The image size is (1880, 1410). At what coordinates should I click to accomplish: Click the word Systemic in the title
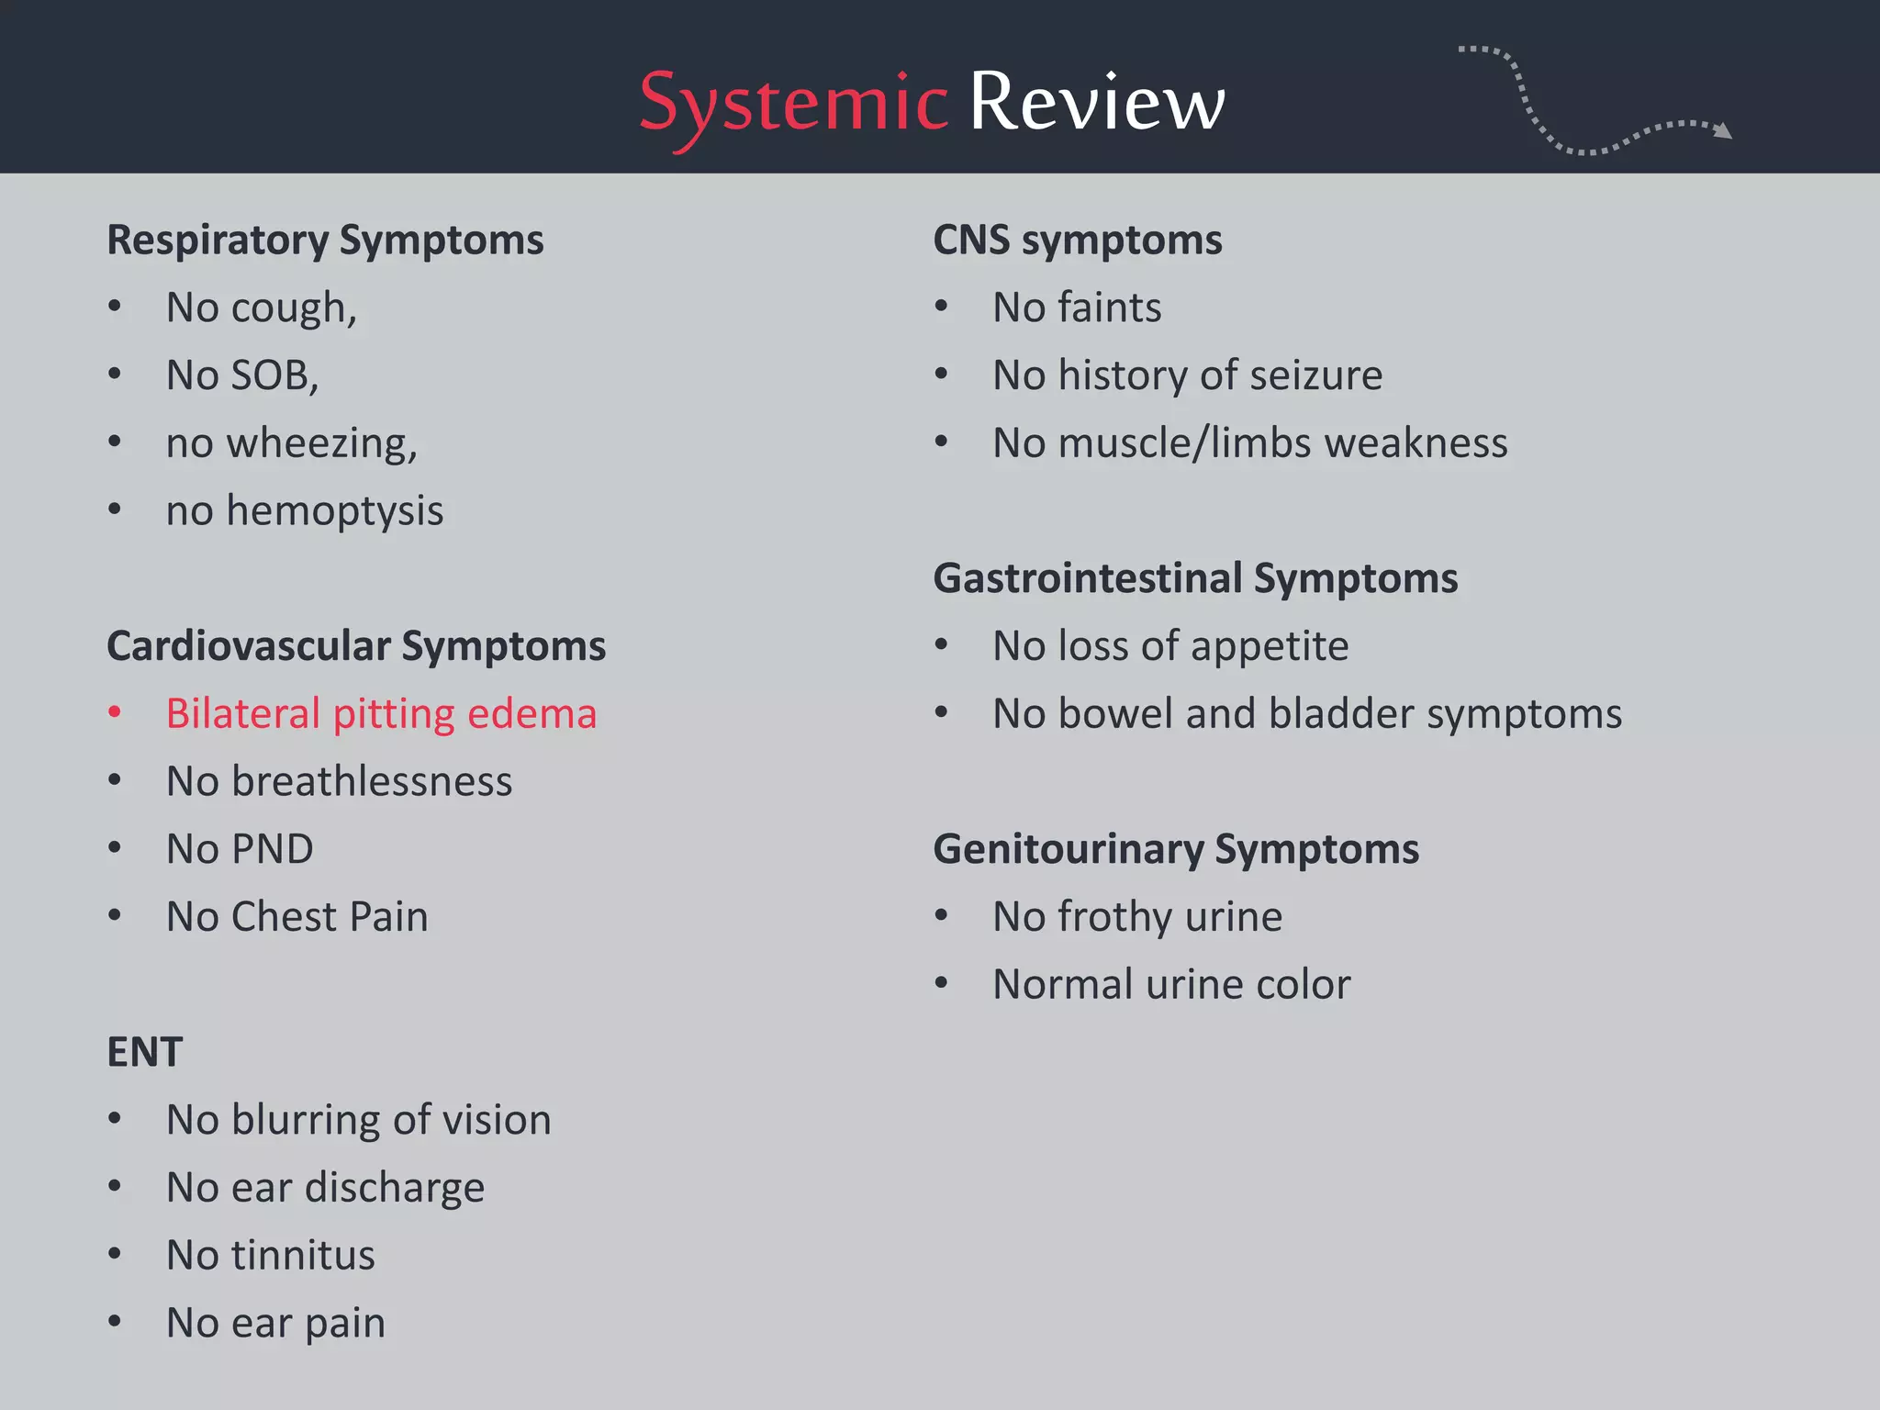[x=793, y=103]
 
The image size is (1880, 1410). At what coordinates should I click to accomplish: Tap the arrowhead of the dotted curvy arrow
[x=1723, y=131]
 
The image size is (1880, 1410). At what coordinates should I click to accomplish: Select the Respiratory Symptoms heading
[x=325, y=241]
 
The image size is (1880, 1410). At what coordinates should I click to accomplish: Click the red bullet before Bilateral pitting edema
[x=115, y=712]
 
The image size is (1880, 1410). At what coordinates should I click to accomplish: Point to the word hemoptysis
[x=334, y=512]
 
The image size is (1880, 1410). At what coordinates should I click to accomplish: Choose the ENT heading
[x=145, y=1052]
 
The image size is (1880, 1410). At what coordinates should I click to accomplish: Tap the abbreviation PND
[x=272, y=849]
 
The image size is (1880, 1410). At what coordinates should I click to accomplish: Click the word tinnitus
[x=303, y=1255]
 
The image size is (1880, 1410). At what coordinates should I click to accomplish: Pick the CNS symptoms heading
[x=1077, y=241]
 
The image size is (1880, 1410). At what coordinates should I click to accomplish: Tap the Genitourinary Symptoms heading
[x=1175, y=849]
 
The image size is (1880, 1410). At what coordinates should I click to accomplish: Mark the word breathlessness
[x=372, y=781]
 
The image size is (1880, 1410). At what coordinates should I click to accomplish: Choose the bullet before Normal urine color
[x=941, y=983]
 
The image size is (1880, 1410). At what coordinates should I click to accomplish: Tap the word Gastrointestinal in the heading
[x=1088, y=579]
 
